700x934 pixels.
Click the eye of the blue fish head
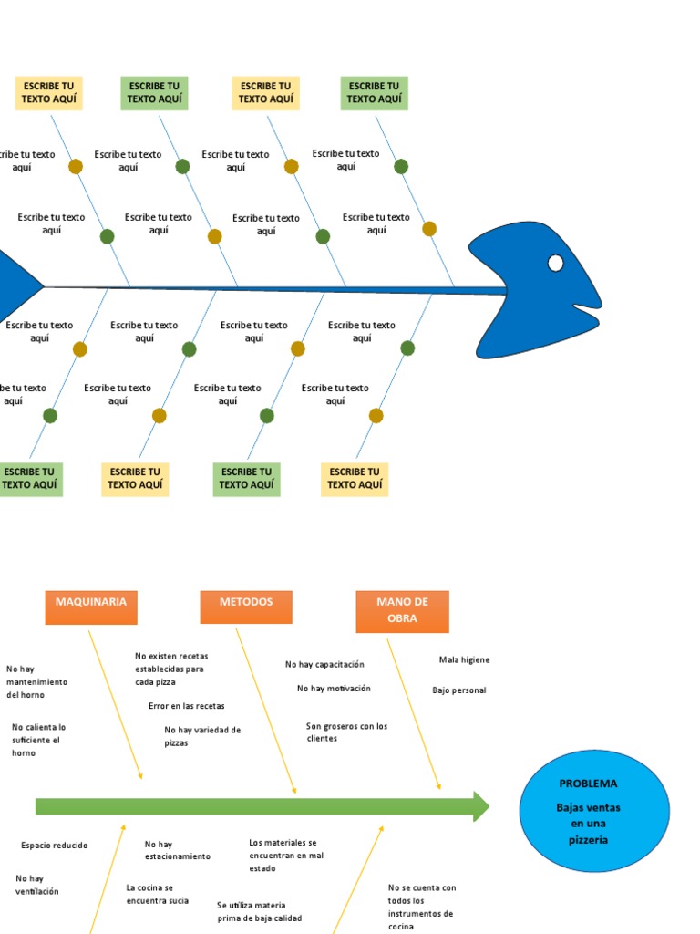(555, 264)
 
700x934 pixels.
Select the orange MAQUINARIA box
(91, 607)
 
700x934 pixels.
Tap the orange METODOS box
(246, 607)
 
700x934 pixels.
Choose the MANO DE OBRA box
(402, 611)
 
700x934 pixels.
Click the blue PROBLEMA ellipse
(594, 811)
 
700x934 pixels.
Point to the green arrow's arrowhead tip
(488, 806)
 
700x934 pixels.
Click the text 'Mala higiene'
(464, 659)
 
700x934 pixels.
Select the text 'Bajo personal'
(458, 690)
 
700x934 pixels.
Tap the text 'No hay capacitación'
(324, 664)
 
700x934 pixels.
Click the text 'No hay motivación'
(334, 689)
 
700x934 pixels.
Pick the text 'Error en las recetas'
(186, 706)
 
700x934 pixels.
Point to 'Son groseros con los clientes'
(346, 732)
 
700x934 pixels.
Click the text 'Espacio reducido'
(55, 846)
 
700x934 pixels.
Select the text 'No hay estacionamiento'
(177, 850)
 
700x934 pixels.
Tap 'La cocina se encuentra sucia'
(157, 894)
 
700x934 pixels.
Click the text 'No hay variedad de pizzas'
(202, 736)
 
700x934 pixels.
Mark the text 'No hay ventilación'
(36, 885)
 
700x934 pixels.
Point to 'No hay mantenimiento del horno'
(36, 681)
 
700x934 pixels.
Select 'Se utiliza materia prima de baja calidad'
(259, 912)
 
